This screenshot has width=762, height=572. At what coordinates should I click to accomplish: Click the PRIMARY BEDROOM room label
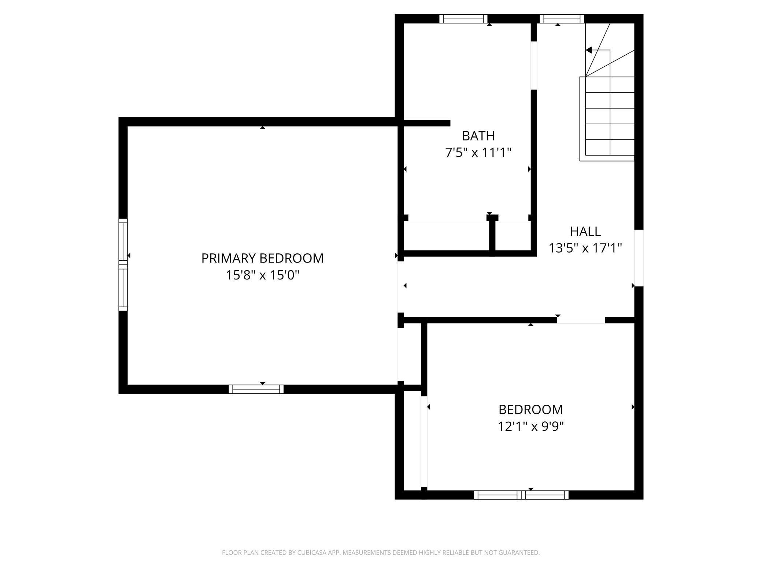click(262, 258)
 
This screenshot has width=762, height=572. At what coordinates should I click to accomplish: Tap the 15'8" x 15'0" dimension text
click(262, 275)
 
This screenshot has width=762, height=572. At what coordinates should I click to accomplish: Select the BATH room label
click(478, 136)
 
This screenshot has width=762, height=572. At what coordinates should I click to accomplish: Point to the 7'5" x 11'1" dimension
click(478, 153)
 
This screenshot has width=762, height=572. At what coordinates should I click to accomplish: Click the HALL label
click(585, 231)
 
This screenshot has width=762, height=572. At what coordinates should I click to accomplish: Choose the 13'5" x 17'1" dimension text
click(585, 248)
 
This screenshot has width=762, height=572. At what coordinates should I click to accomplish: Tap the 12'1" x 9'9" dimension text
click(530, 426)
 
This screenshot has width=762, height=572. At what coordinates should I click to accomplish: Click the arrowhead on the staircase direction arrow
click(589, 50)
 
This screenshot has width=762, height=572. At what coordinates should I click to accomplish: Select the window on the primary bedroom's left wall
click(123, 265)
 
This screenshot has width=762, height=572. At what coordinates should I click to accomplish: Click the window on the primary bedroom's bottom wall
click(256, 389)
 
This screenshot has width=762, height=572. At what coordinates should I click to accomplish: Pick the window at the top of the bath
click(463, 19)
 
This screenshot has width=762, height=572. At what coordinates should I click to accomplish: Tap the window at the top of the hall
click(562, 19)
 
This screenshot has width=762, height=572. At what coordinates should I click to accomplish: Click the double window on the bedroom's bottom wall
click(521, 495)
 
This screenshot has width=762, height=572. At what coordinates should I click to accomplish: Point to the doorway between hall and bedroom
click(581, 320)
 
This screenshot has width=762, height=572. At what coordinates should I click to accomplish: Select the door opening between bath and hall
click(534, 65)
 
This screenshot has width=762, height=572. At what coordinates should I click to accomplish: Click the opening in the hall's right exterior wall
click(639, 258)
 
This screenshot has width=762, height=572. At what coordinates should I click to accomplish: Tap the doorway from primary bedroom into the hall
click(401, 287)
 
